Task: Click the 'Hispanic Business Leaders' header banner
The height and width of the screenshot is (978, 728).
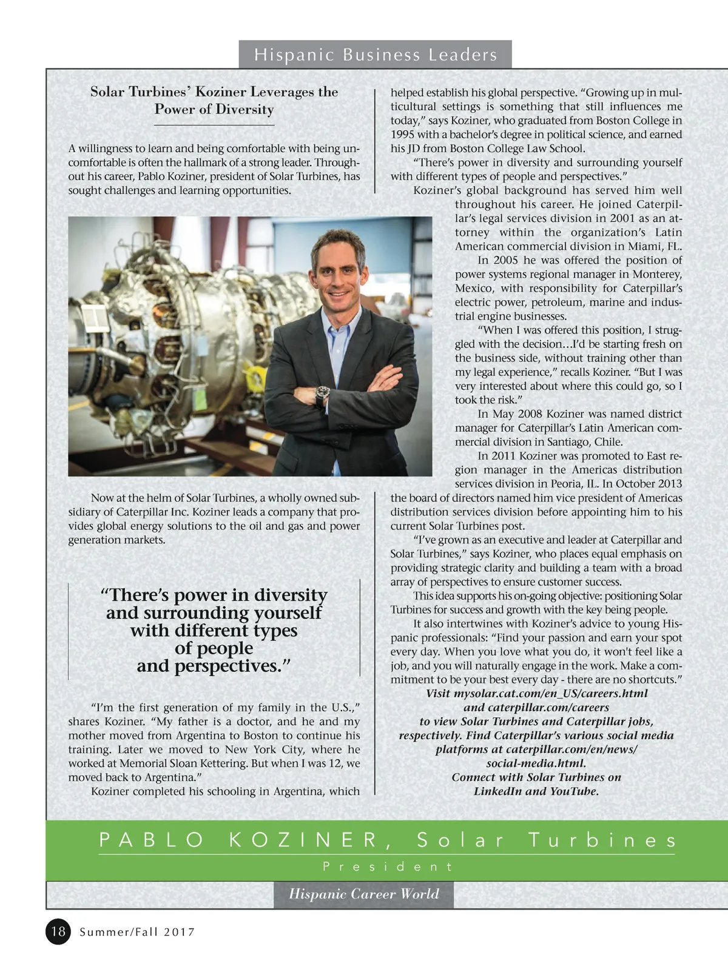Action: (x=376, y=55)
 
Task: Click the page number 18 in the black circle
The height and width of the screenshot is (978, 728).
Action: (x=58, y=931)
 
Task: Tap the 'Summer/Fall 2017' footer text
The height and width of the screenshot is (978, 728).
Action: (x=137, y=932)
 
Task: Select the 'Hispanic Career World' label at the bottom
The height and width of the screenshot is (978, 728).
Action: (x=363, y=894)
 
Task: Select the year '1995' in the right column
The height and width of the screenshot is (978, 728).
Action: (x=402, y=135)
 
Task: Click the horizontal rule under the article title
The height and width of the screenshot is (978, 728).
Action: (x=214, y=125)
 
